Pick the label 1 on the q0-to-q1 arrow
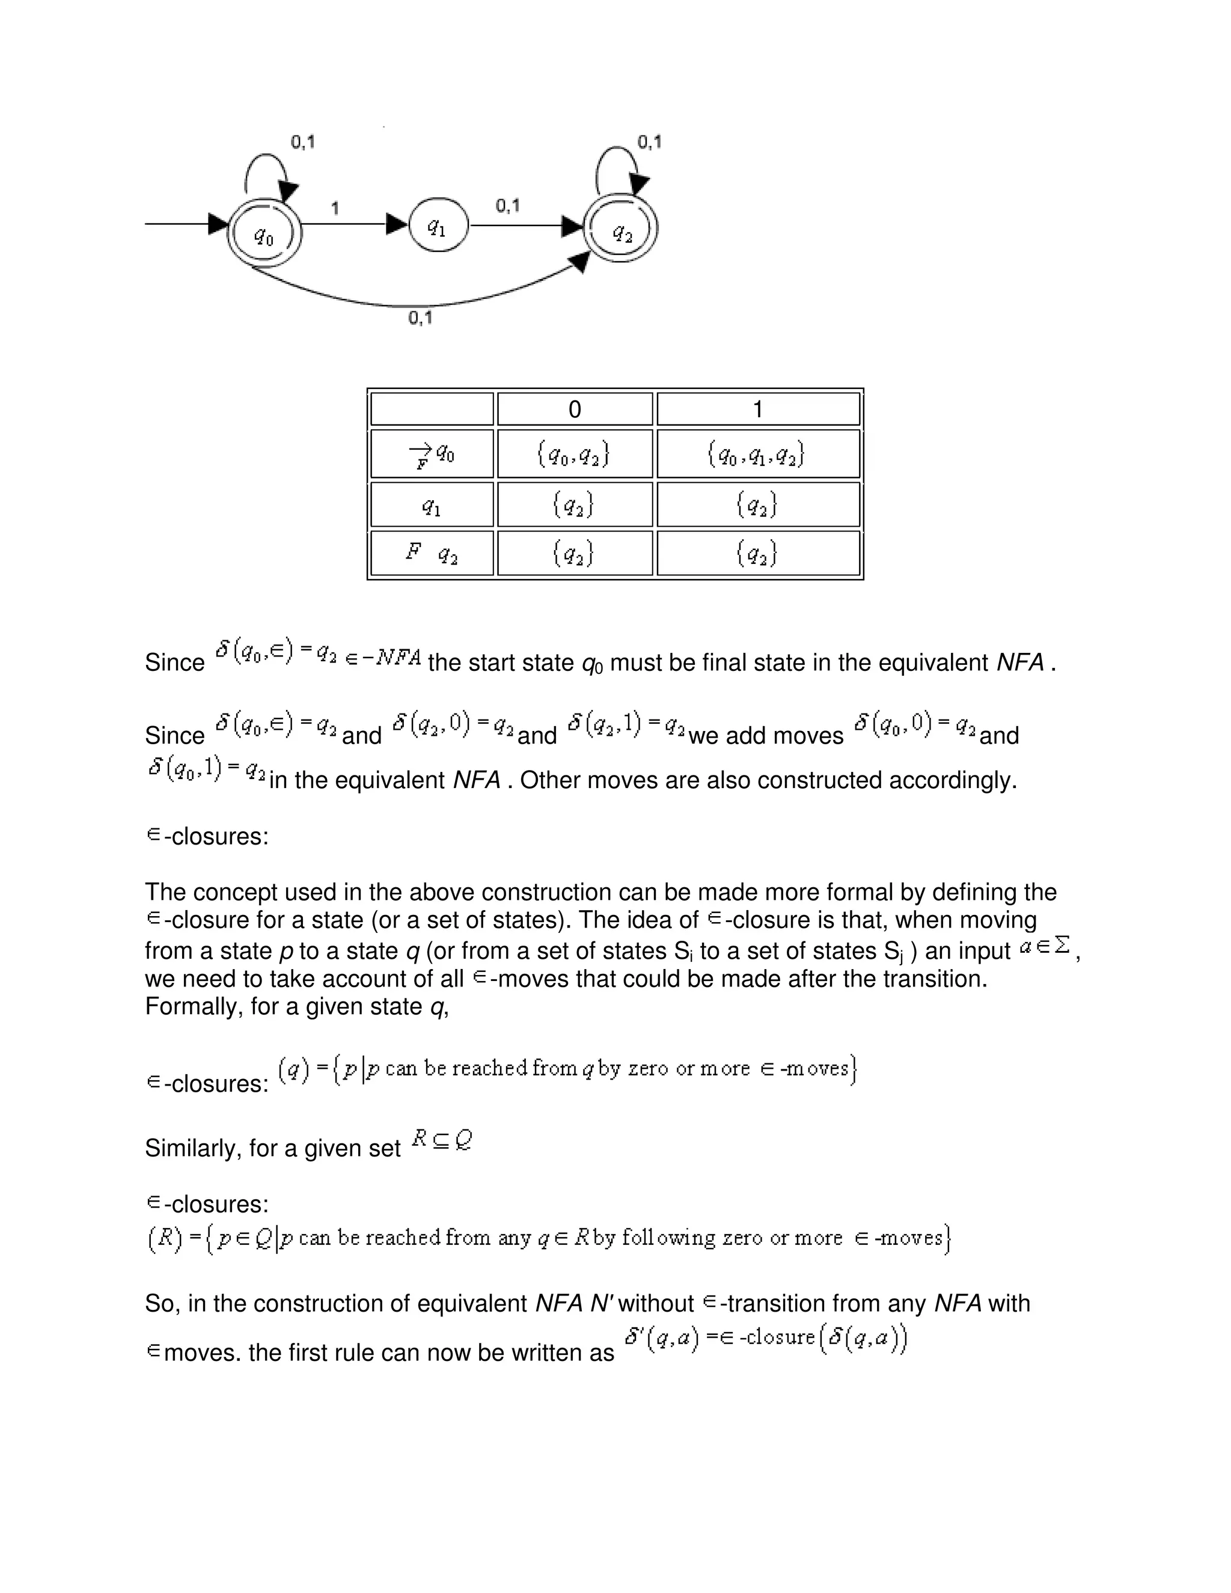coord(335,209)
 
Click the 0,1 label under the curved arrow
coord(420,318)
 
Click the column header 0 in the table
coord(575,409)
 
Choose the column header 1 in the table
coord(758,409)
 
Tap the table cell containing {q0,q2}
coord(575,454)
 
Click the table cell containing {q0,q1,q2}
coord(758,454)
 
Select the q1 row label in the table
coord(432,505)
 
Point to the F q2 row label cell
coord(432,554)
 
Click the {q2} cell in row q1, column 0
coord(575,505)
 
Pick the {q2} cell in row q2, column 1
coord(758,554)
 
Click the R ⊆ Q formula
coord(442,1139)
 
